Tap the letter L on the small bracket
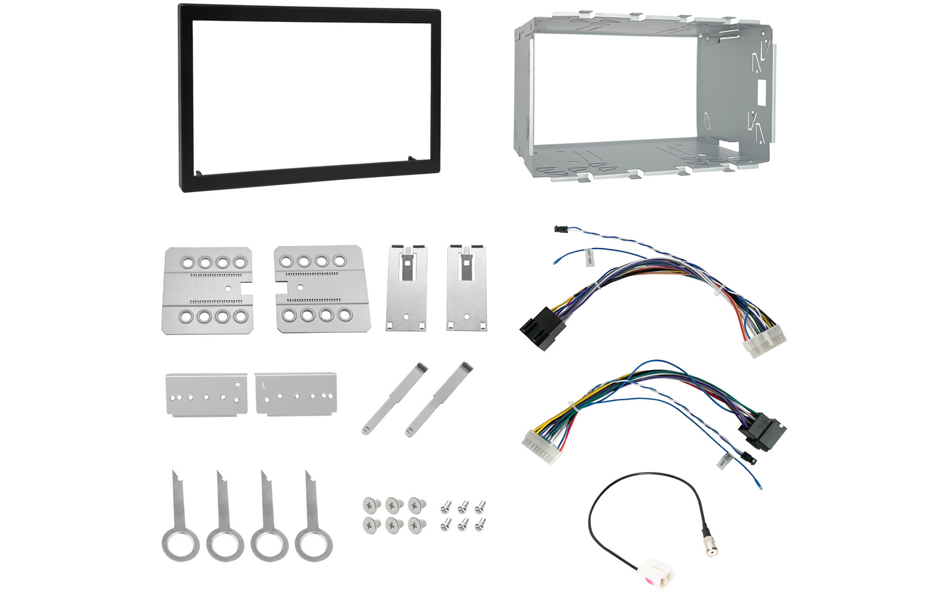pyautogui.click(x=265, y=385)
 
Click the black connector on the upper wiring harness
pyautogui.click(x=538, y=330)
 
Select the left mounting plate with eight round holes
pyautogui.click(x=207, y=290)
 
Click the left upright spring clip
pyautogui.click(x=406, y=288)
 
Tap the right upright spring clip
pyautogui.click(x=467, y=288)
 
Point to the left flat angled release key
pyautogui.click(x=394, y=398)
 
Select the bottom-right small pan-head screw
pyautogui.click(x=480, y=524)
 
